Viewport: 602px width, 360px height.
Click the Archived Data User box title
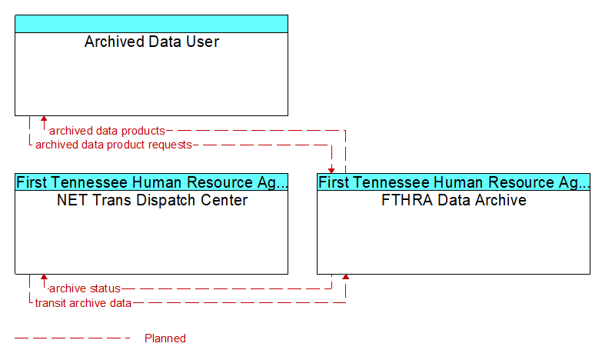click(x=151, y=42)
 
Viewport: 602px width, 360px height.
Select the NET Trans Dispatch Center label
click(x=152, y=200)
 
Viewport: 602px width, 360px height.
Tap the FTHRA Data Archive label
click(x=454, y=200)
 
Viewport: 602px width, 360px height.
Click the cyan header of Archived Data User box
click(x=151, y=24)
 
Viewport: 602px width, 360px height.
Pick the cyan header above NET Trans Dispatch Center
click(x=151, y=182)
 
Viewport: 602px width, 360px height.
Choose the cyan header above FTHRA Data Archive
click(x=454, y=182)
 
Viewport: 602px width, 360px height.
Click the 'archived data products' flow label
click(x=107, y=131)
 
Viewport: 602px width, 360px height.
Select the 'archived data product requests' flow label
click(x=113, y=145)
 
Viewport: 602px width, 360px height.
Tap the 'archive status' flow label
click(x=85, y=288)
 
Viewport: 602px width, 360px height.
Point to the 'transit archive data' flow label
click(x=83, y=303)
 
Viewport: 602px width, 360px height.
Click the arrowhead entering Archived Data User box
click(x=44, y=118)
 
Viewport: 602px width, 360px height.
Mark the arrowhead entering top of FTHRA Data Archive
click(x=331, y=171)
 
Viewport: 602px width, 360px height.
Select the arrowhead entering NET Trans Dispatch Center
click(x=44, y=277)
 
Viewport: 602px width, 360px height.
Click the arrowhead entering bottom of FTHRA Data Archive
click(x=345, y=277)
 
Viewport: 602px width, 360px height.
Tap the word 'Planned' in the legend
click(x=165, y=338)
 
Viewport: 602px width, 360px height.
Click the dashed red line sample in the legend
click(x=72, y=338)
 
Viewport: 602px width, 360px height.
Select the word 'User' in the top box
click(x=202, y=42)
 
